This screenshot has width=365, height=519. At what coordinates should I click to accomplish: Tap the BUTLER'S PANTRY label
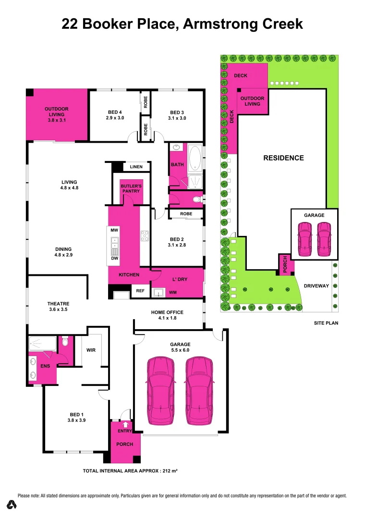click(x=131, y=188)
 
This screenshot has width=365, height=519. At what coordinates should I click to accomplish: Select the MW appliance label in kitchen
click(x=114, y=231)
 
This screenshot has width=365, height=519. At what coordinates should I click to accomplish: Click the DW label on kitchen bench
click(x=114, y=259)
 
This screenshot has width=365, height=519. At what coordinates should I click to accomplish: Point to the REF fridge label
click(x=140, y=291)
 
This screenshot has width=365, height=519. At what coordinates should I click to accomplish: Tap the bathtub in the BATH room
click(x=195, y=158)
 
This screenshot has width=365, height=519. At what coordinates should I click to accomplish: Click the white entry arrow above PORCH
click(x=126, y=424)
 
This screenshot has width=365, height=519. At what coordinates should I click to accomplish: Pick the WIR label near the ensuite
click(x=91, y=350)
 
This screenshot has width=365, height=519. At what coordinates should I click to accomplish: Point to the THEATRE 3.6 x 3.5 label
click(x=58, y=307)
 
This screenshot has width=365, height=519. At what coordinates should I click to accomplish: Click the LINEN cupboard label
click(x=136, y=167)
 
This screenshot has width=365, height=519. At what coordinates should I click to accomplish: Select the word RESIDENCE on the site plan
click(x=283, y=158)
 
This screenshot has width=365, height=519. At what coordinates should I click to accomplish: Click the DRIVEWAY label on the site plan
click(x=316, y=286)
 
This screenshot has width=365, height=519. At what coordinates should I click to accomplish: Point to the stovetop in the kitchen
click(x=145, y=235)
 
